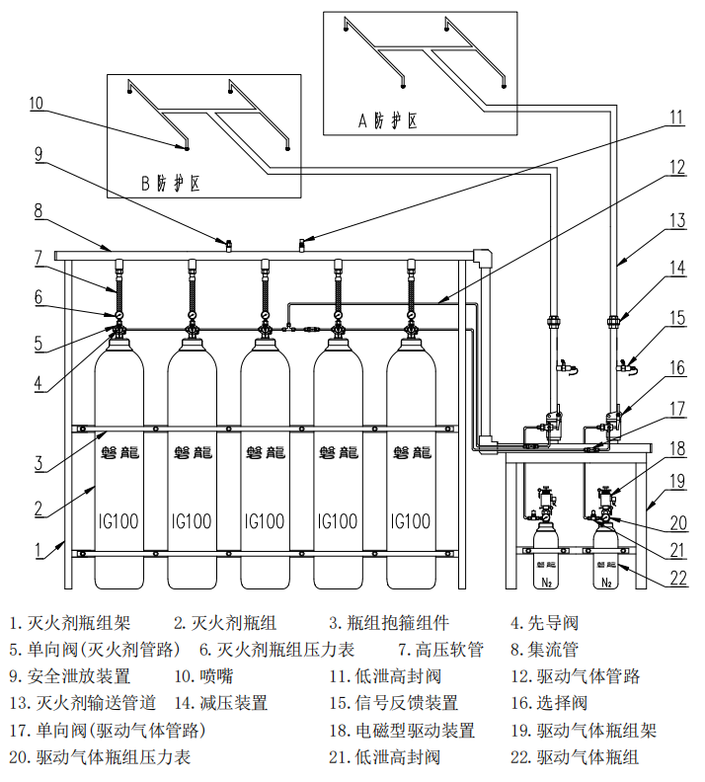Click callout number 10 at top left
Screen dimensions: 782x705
pyautogui.click(x=36, y=103)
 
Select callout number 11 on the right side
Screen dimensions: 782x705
pyautogui.click(x=675, y=117)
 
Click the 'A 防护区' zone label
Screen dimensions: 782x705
pyautogui.click(x=387, y=120)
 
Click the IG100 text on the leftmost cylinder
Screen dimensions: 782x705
pyautogui.click(x=118, y=520)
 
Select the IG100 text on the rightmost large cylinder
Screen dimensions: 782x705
pyautogui.click(x=411, y=520)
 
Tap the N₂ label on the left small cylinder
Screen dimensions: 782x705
pyautogui.click(x=545, y=582)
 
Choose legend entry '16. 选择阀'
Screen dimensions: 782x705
pyautogui.click(x=549, y=703)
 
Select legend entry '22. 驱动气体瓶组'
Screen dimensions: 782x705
pyautogui.click(x=575, y=757)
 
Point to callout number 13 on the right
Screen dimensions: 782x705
pyautogui.click(x=675, y=220)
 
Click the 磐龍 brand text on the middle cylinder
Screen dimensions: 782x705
pyautogui.click(x=265, y=452)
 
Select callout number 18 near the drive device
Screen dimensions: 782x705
pyautogui.click(x=676, y=448)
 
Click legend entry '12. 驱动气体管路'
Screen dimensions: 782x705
pyautogui.click(x=575, y=676)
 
